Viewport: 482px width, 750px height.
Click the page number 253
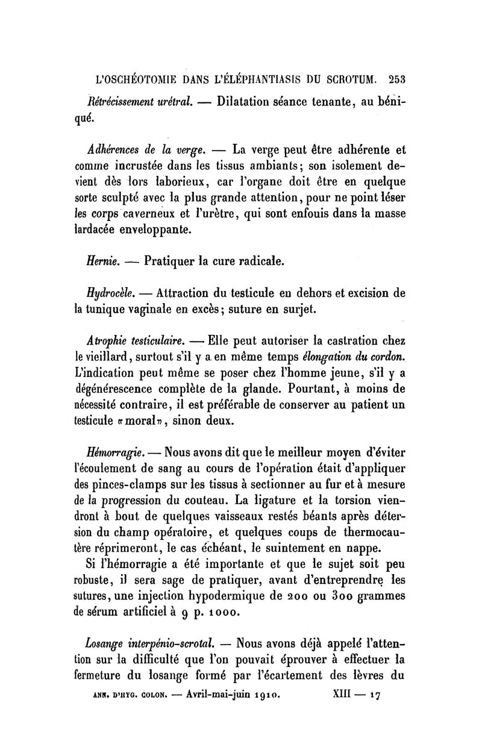pos(397,78)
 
